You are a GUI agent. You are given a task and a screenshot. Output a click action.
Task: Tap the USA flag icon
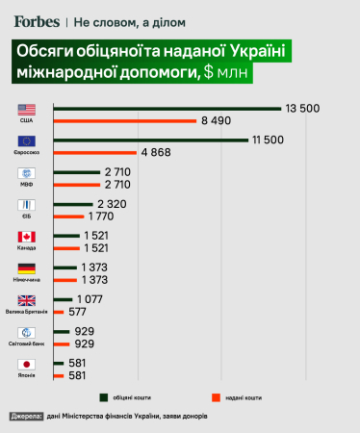pyautogui.click(x=27, y=109)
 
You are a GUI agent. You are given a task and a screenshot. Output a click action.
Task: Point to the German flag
pyautogui.click(x=27, y=268)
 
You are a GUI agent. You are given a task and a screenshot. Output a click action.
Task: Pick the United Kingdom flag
pyautogui.click(x=27, y=300)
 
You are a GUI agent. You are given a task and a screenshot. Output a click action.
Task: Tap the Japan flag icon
pyautogui.click(x=27, y=365)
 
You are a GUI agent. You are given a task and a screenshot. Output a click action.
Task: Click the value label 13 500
pyautogui.click(x=302, y=108)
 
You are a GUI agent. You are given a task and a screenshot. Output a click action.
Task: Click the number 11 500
pyautogui.click(x=270, y=140)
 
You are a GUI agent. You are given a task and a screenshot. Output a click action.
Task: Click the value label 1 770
pyautogui.click(x=106, y=216)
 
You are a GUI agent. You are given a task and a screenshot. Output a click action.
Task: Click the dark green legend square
pyautogui.click(x=101, y=395)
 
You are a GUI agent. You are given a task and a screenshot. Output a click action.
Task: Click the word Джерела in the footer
pyautogui.click(x=27, y=417)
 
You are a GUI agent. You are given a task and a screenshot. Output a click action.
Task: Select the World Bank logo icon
pyautogui.click(x=27, y=333)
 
